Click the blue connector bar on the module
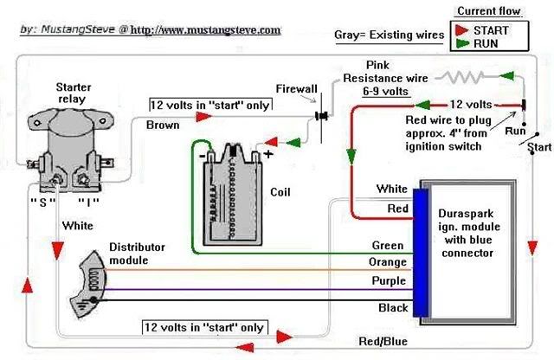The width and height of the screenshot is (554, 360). [421, 251]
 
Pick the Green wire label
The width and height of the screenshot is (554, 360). [388, 246]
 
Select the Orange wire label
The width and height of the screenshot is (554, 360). [387, 263]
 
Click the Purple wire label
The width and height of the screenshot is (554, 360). [387, 281]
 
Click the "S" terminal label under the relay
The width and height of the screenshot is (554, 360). [42, 202]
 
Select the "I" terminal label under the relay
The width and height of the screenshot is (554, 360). [93, 202]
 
